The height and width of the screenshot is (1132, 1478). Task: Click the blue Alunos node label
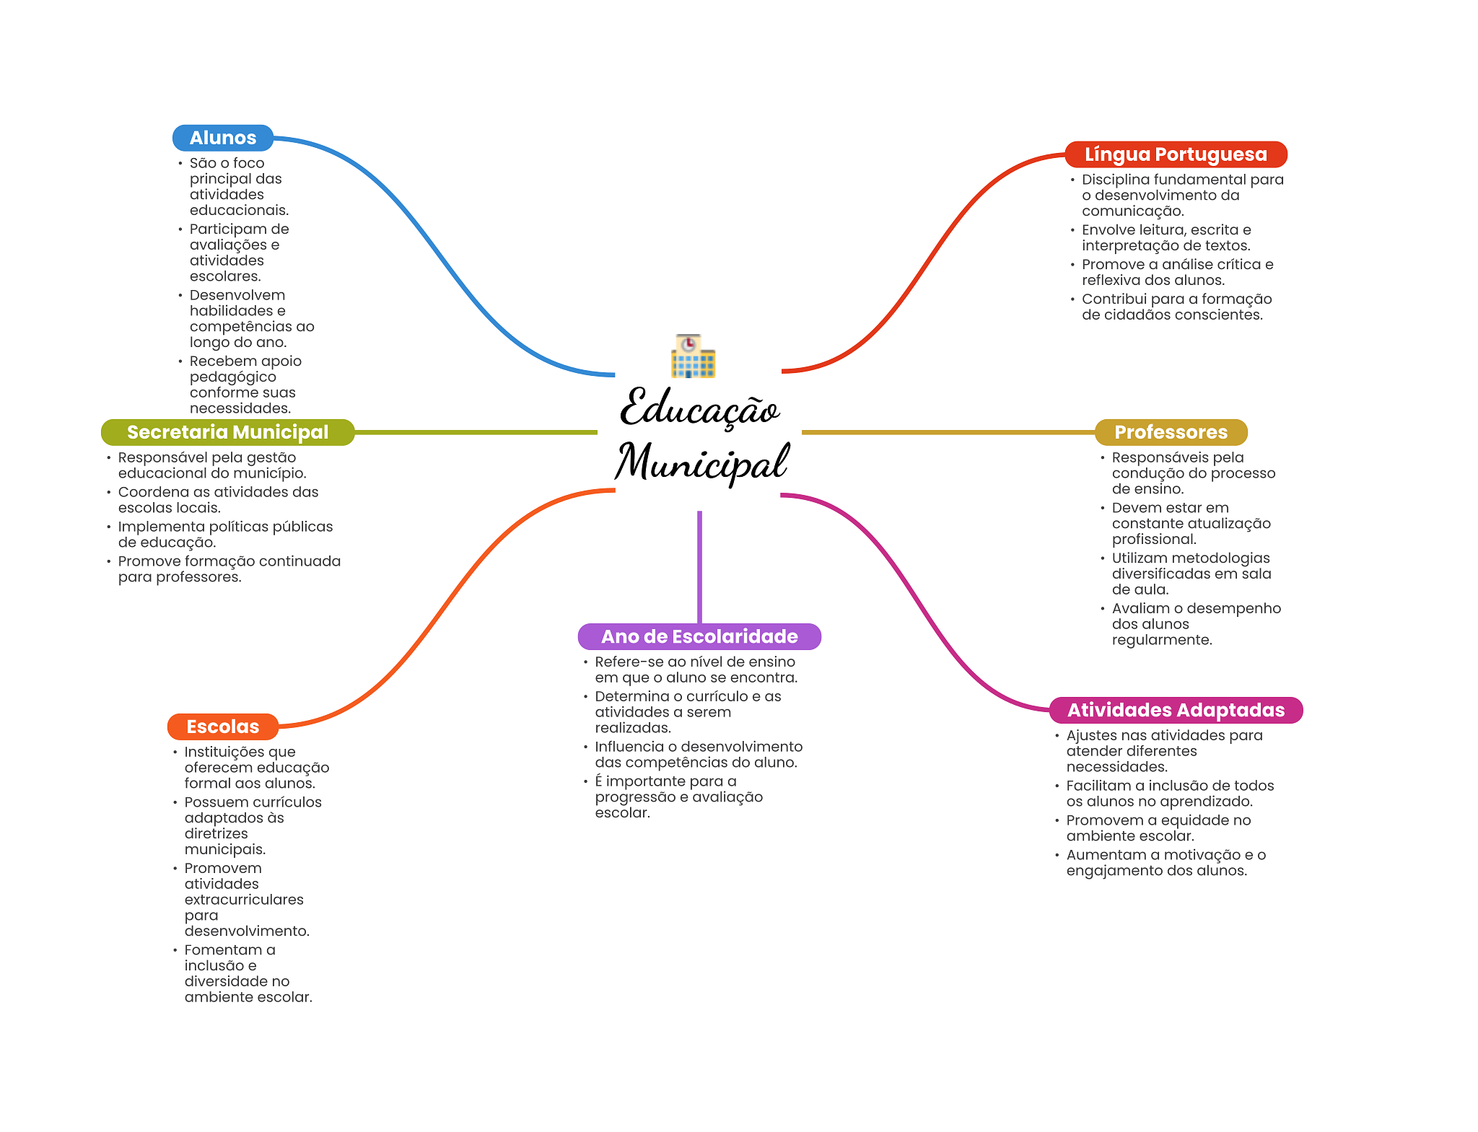[x=222, y=138]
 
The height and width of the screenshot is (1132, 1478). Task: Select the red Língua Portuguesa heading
[x=1175, y=154]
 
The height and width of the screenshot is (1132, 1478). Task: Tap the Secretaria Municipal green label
[x=227, y=432]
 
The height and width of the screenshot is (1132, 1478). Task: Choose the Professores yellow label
[x=1171, y=432]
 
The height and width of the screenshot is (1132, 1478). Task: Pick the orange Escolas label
[x=222, y=727]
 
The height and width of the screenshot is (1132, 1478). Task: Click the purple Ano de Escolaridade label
[x=699, y=636]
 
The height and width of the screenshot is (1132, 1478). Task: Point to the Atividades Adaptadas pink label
[x=1176, y=710]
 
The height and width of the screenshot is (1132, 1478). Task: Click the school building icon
[x=693, y=356]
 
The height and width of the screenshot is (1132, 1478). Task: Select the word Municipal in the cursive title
[x=701, y=462]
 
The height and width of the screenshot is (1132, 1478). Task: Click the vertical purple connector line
[x=699, y=566]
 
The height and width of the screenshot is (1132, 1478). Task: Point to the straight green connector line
[x=476, y=432]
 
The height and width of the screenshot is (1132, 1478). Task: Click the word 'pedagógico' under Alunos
[x=233, y=377]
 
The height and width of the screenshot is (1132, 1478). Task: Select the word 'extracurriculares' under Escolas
[x=244, y=900]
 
